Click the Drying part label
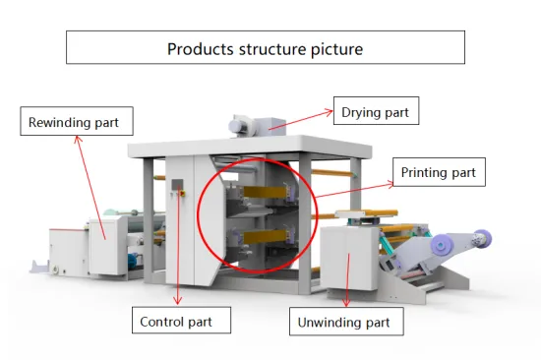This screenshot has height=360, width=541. click(375, 112)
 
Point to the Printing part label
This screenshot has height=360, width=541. click(439, 173)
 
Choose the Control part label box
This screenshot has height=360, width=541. click(183, 321)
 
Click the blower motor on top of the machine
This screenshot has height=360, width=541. click(241, 123)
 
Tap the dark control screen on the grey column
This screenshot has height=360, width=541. click(178, 186)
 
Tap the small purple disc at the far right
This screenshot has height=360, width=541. click(481, 236)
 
